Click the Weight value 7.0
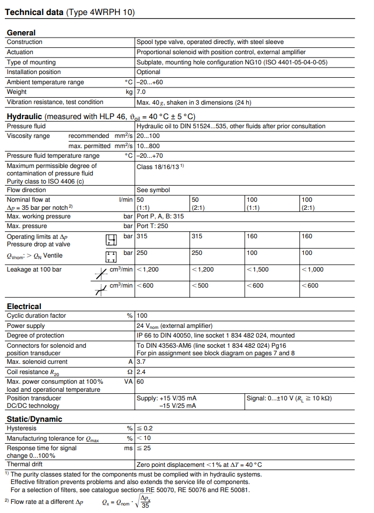point(141,92)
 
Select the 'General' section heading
point(21,33)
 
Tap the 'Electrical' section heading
point(24,306)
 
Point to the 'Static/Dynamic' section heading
point(34,419)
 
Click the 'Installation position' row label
point(32,72)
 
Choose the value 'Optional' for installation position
point(149,72)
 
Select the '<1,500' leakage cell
point(258,269)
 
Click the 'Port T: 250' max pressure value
point(152,226)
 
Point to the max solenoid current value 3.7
point(141,362)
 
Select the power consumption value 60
point(141,382)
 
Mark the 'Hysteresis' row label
point(21,429)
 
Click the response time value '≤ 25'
point(143,448)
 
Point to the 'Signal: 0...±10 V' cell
point(289,399)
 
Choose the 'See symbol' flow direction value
point(153,190)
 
